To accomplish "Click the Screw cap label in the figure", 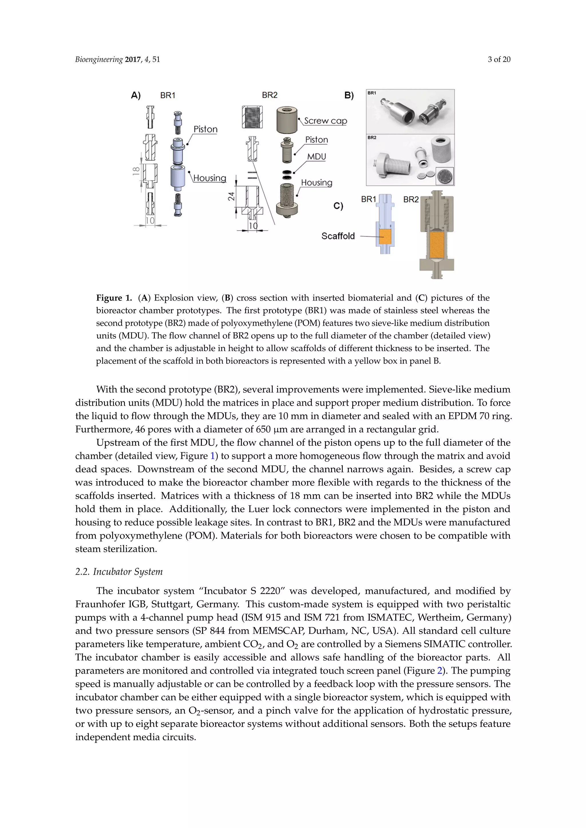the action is (x=325, y=121).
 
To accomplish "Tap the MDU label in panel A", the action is (x=316, y=157).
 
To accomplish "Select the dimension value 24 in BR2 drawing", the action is (x=231, y=196).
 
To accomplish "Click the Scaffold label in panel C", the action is (x=338, y=236).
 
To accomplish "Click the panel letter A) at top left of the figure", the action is (x=136, y=95).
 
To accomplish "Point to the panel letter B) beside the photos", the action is (x=349, y=95).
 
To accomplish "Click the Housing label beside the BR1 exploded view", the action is (x=210, y=178).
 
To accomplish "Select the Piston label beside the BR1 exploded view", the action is (x=205, y=129).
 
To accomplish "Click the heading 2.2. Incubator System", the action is (x=119, y=572).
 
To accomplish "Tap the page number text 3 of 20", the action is (x=499, y=59).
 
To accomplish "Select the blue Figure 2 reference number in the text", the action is (x=439, y=671).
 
